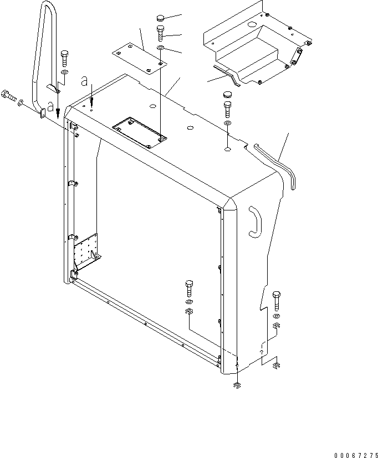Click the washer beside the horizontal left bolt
point(21,102)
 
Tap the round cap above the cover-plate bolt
point(160,18)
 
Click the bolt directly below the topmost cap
point(160,33)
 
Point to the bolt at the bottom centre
point(188,289)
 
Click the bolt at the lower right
point(277,300)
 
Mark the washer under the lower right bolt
point(277,316)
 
